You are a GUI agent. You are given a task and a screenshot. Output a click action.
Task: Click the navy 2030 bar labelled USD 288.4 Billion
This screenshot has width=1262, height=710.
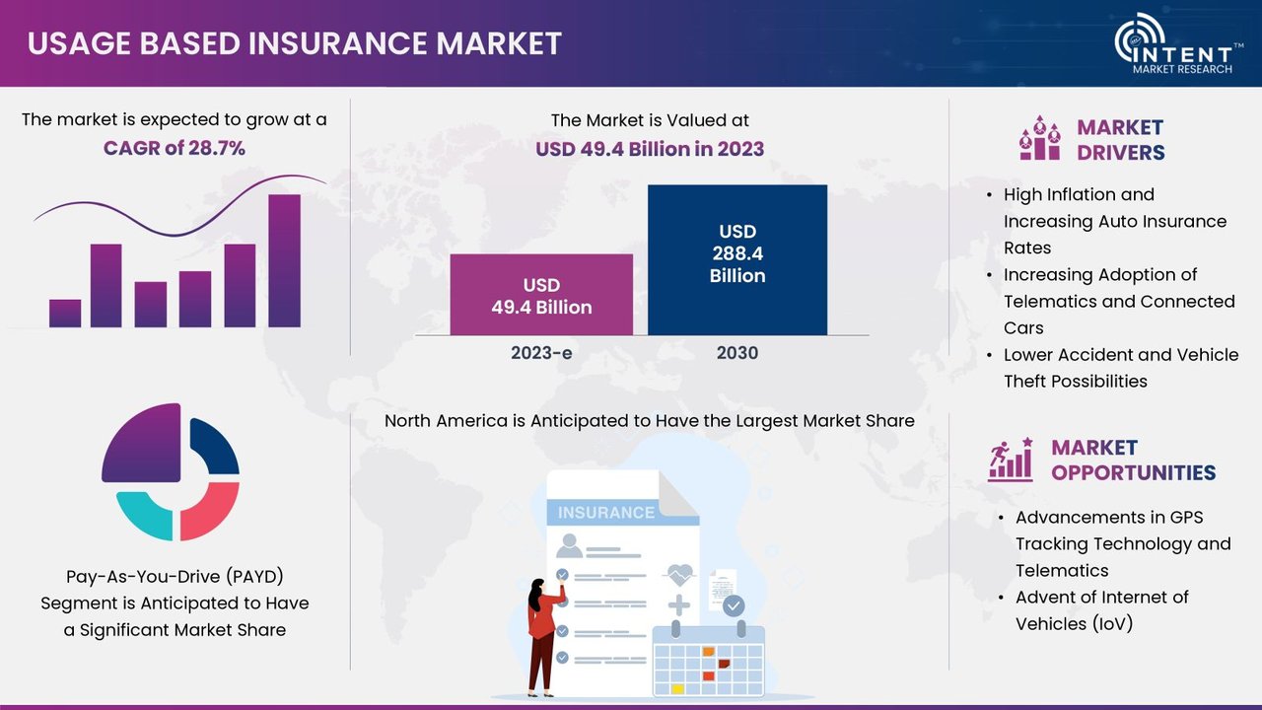pyautogui.click(x=737, y=259)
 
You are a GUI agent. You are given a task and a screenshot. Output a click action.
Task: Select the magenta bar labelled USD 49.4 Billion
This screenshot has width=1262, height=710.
pyautogui.click(x=541, y=295)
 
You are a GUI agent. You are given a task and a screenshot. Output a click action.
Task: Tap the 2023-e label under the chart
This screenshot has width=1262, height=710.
pyautogui.click(x=541, y=353)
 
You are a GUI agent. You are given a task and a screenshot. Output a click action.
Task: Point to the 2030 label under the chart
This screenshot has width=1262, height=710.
pyautogui.click(x=737, y=353)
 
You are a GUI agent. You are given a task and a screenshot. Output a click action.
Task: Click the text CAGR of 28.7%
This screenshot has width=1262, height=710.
pyautogui.click(x=175, y=148)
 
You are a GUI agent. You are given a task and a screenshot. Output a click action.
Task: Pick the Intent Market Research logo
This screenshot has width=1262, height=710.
pyautogui.click(x=1178, y=44)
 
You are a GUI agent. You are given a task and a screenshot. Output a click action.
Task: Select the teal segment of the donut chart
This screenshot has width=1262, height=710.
pyautogui.click(x=145, y=514)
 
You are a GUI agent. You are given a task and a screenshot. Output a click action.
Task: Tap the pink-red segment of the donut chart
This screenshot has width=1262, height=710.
pyautogui.click(x=210, y=511)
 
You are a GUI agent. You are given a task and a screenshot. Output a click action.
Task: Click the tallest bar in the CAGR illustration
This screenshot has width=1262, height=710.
pyautogui.click(x=285, y=261)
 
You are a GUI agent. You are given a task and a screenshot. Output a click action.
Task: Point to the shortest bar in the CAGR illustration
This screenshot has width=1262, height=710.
pyautogui.click(x=65, y=314)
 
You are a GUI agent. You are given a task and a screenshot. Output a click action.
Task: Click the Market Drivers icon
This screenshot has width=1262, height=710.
pyautogui.click(x=1040, y=138)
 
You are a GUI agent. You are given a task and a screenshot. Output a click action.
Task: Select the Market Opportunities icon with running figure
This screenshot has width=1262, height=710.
pyautogui.click(x=1011, y=460)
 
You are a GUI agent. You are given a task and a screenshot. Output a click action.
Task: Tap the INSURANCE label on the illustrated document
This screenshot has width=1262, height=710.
pyautogui.click(x=606, y=512)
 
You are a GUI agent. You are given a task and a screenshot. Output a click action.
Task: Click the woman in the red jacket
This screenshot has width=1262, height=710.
pyautogui.click(x=543, y=638)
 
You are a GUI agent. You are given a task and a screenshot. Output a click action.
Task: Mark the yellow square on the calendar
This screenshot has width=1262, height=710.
pyautogui.click(x=677, y=688)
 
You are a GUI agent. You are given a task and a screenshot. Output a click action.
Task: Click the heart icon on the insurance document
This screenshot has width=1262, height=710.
pyautogui.click(x=680, y=575)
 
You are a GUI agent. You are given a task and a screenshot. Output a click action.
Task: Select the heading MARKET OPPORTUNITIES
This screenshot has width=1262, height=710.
pyautogui.click(x=1133, y=460)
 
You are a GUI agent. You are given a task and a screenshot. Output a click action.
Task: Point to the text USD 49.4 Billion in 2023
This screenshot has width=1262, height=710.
pyautogui.click(x=650, y=149)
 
